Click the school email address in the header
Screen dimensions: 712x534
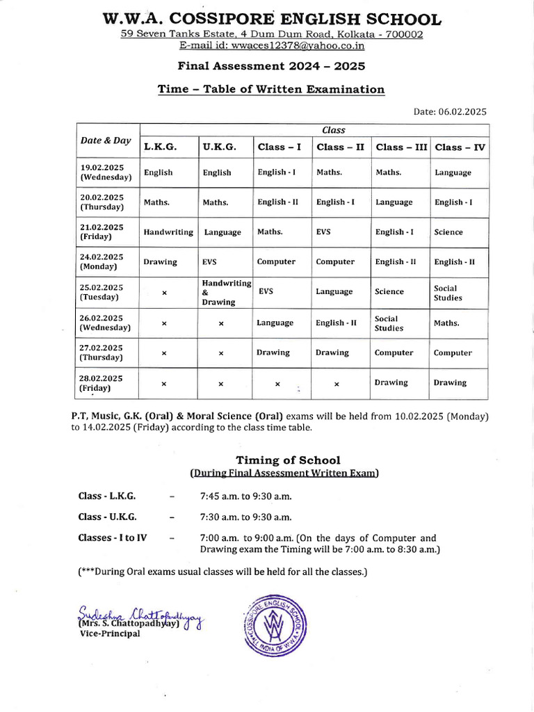[x=271, y=46]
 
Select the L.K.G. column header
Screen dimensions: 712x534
[x=160, y=147]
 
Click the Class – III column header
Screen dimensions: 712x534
[x=401, y=147]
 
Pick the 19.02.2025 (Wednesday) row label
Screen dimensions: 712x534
[x=102, y=172]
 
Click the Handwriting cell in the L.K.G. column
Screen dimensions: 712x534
[x=168, y=232]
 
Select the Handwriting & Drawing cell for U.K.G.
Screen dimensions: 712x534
[x=226, y=293]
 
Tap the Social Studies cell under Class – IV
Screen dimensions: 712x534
[x=448, y=293]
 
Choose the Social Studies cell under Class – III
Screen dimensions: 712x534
[x=389, y=323]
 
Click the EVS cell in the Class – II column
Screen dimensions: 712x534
[x=323, y=232]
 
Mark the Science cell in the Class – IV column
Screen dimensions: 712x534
[x=448, y=232]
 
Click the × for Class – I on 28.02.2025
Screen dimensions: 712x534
[x=277, y=384]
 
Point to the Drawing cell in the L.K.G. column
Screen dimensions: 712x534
[x=160, y=262]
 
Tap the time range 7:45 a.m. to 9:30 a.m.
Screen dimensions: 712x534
[x=245, y=496]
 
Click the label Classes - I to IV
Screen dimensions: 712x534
[x=113, y=537]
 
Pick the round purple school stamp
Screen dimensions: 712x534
[x=276, y=623]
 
